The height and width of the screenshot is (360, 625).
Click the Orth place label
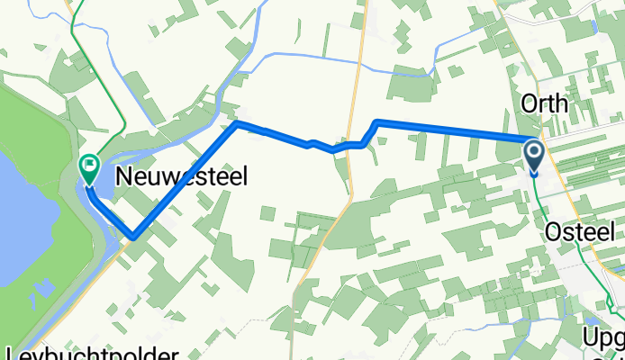(x=545, y=103)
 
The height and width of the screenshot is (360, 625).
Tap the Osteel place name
(x=581, y=232)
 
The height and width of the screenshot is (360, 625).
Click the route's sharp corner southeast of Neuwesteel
(x=132, y=238)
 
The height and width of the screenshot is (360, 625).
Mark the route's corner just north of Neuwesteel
(x=236, y=123)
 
